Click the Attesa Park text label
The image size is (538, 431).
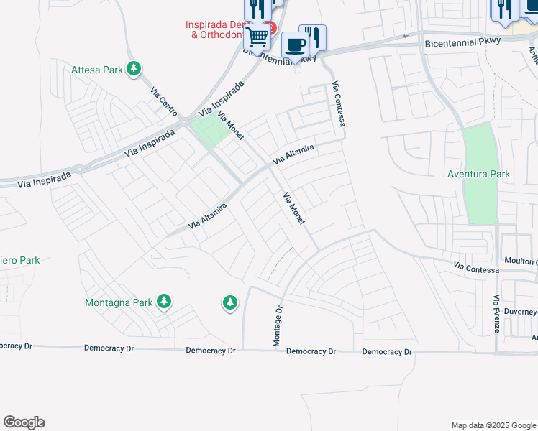coord(97,70)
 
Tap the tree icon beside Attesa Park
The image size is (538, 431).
coord(133,69)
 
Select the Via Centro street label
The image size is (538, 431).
coord(163,101)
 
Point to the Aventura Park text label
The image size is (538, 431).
coord(478,174)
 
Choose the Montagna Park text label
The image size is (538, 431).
coord(119,302)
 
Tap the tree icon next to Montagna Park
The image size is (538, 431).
coord(164,302)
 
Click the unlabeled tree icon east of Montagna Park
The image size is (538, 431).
coord(230,303)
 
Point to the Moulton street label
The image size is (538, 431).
coord(519,261)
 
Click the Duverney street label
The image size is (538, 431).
coord(519,312)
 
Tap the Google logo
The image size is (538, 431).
coord(24,422)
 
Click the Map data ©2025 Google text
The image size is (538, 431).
coord(493,425)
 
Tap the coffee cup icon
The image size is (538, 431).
coord(295,45)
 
